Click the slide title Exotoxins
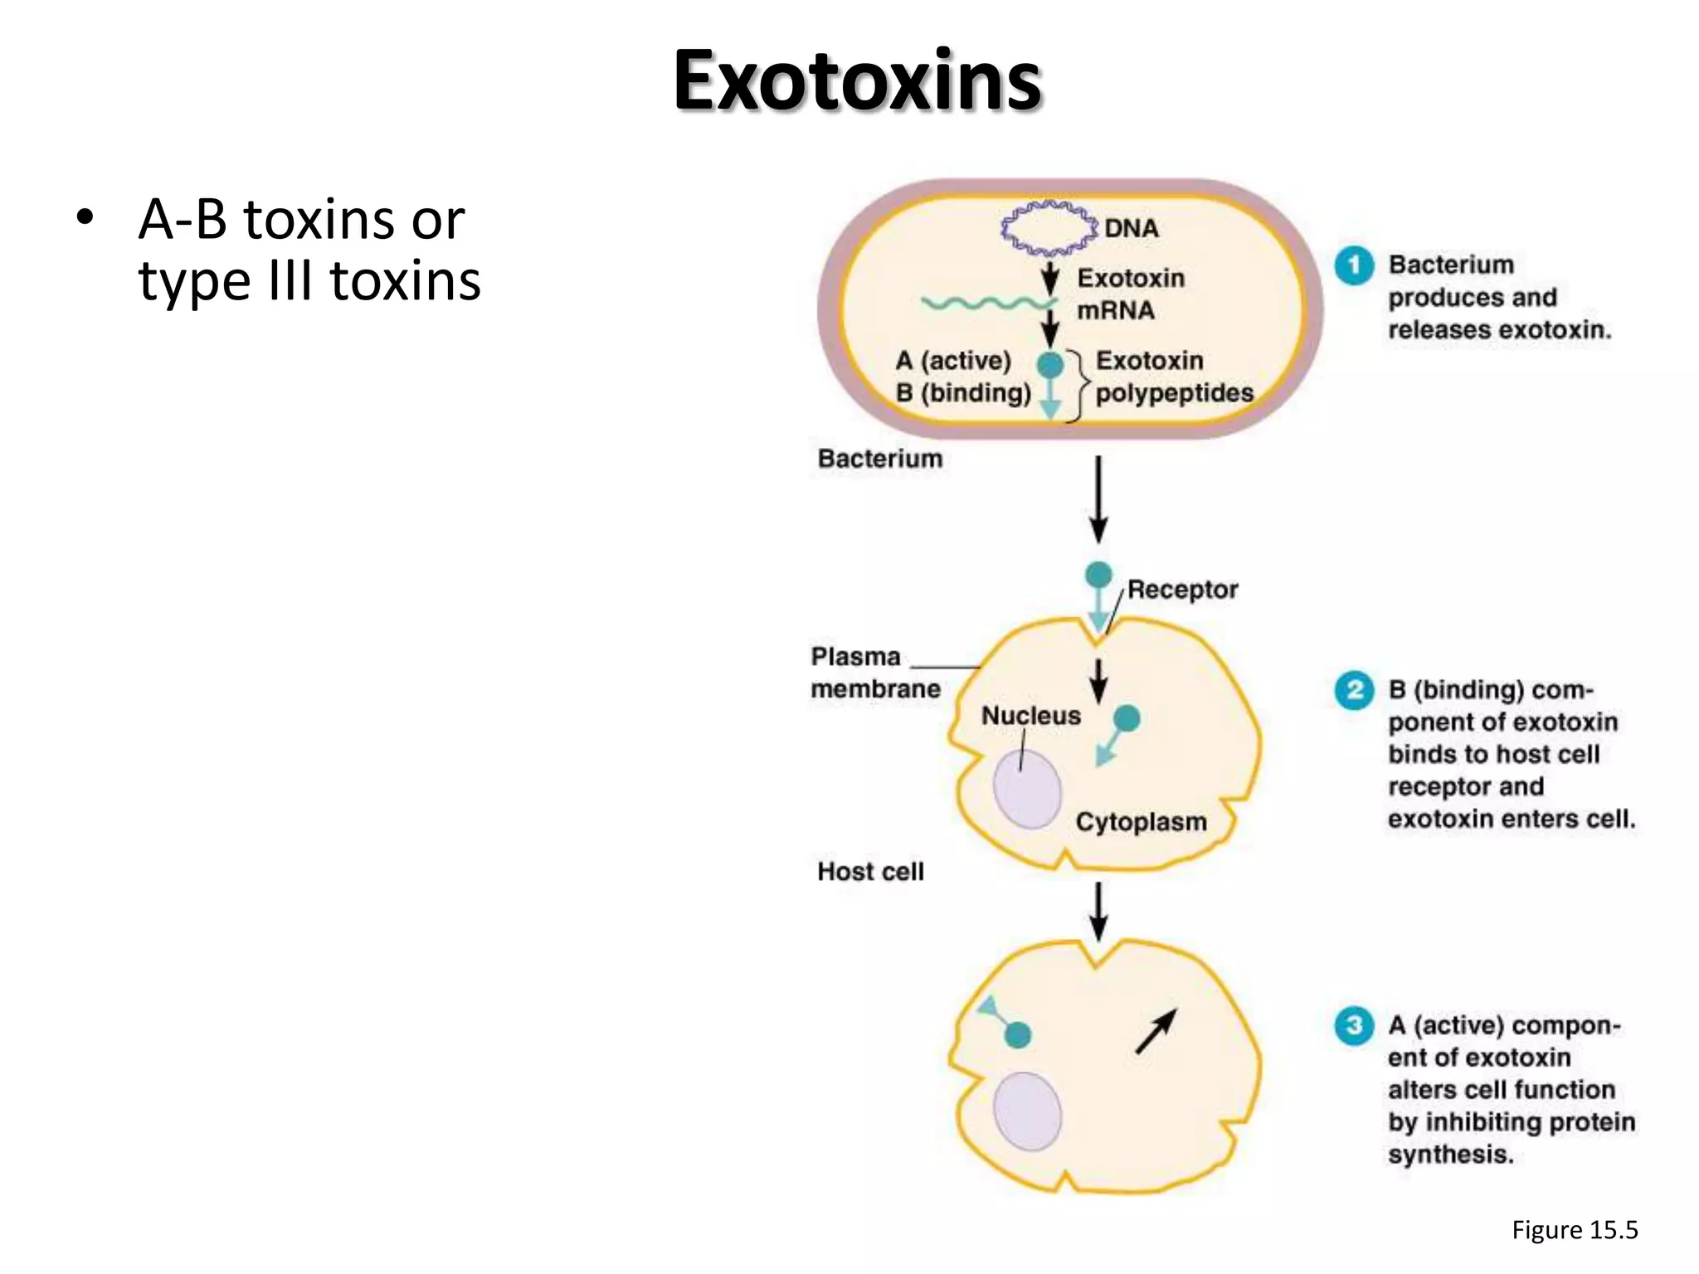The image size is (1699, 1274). pyautogui.click(x=856, y=80)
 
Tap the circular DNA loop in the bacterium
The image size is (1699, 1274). pyautogui.click(x=1048, y=226)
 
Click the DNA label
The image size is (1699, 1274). pyautogui.click(x=1131, y=227)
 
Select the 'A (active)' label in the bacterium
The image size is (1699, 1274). pyautogui.click(x=953, y=361)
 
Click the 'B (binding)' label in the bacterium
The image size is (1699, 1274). pyautogui.click(x=962, y=392)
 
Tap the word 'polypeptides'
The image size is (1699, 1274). pyautogui.click(x=1174, y=392)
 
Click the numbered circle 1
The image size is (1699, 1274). pyautogui.click(x=1354, y=265)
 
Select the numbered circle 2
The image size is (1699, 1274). pyautogui.click(x=1354, y=690)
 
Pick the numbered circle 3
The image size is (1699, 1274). pyautogui.click(x=1354, y=1026)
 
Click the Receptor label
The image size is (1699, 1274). pyautogui.click(x=1182, y=590)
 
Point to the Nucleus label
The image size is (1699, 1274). pyautogui.click(x=1031, y=716)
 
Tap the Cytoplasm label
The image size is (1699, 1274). pyautogui.click(x=1141, y=822)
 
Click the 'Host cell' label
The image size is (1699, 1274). pyautogui.click(x=870, y=872)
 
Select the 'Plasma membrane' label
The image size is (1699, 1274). pyautogui.click(x=875, y=673)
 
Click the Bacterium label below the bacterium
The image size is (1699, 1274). pyautogui.click(x=880, y=459)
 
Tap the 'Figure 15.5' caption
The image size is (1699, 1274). pyautogui.click(x=1575, y=1229)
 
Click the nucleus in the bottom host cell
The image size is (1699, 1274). pyautogui.click(x=1028, y=1111)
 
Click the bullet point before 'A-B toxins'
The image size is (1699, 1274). pyautogui.click(x=84, y=219)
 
